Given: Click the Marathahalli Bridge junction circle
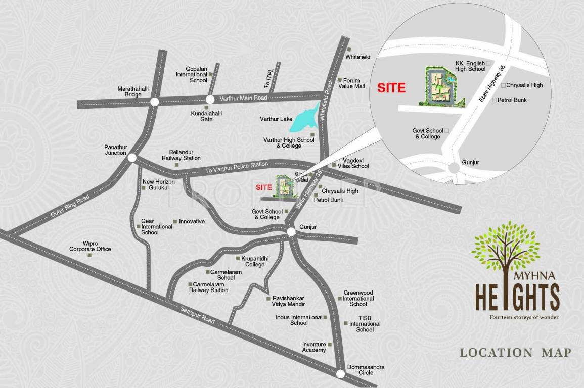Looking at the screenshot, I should pyautogui.click(x=155, y=102).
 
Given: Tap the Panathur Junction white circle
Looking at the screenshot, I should pyautogui.click(x=132, y=158).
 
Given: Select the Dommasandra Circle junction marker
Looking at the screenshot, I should pyautogui.click(x=340, y=374).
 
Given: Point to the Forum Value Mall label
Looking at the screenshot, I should pyautogui.click(x=351, y=83).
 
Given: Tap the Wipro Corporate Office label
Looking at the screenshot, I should pyautogui.click(x=90, y=246).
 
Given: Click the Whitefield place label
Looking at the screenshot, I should pyautogui.click(x=358, y=57).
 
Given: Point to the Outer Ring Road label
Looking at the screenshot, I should pyautogui.click(x=70, y=207).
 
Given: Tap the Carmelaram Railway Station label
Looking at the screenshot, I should pyautogui.click(x=208, y=287).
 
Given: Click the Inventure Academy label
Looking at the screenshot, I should pyautogui.click(x=314, y=347).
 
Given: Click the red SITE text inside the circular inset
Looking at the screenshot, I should pyautogui.click(x=391, y=88).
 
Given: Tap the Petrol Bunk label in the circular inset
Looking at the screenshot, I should pyautogui.click(x=512, y=100).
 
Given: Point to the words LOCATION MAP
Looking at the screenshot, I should pyautogui.click(x=515, y=353).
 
